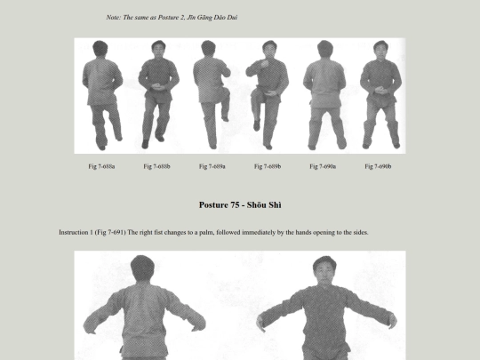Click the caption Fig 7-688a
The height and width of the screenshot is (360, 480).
(101, 166)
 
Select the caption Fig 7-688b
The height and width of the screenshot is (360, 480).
(156, 166)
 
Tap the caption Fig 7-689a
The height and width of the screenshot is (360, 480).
(212, 166)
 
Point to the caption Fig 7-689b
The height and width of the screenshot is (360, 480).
(268, 166)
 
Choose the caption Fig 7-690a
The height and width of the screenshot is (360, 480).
(323, 166)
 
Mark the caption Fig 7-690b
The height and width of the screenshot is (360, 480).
(378, 166)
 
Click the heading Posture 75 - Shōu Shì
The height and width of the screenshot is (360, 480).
(240, 204)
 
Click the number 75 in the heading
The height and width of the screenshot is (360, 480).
(236, 204)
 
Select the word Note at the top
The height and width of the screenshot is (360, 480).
(113, 18)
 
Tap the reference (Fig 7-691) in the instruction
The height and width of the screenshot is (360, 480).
(110, 232)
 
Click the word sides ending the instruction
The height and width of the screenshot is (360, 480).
(361, 232)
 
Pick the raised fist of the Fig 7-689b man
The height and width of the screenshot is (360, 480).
(264, 64)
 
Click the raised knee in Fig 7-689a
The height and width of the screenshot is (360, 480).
(226, 91)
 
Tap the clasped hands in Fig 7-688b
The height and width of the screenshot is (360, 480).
(156, 86)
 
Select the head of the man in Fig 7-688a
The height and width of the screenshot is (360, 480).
(100, 49)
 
